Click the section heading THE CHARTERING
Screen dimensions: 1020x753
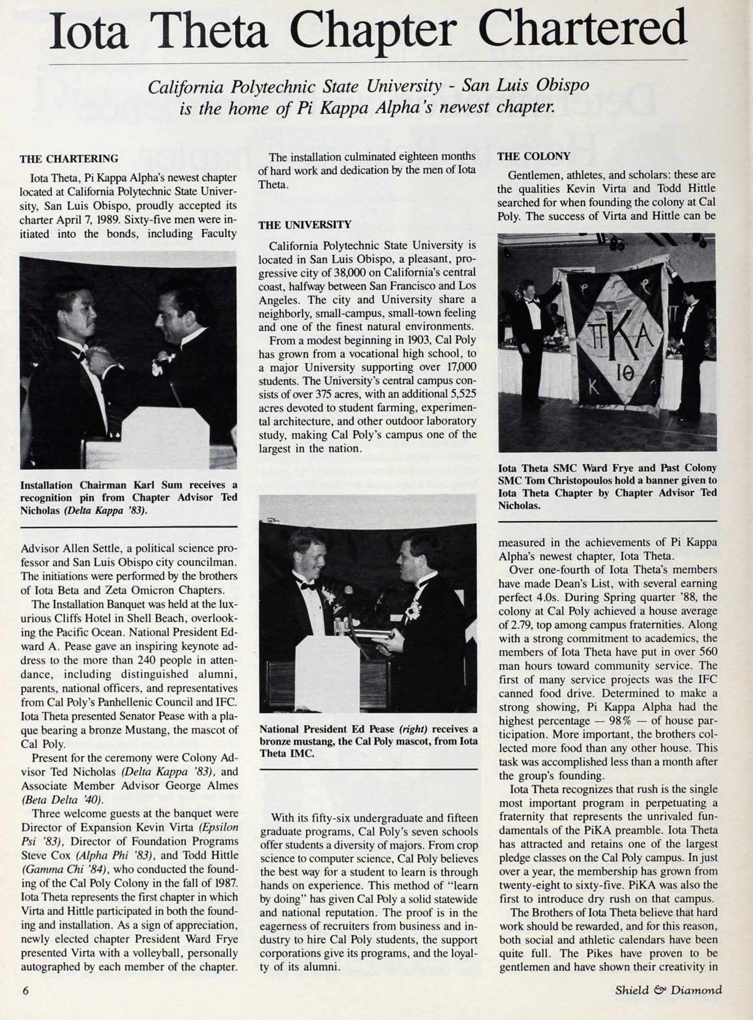pos(69,159)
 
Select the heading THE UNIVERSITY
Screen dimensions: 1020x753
pos(305,225)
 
